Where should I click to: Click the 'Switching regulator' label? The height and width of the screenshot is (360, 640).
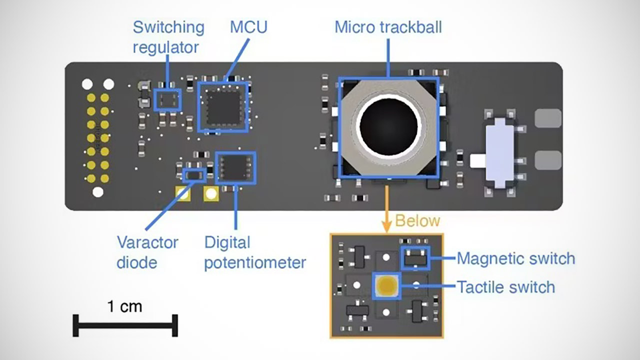pos(168,37)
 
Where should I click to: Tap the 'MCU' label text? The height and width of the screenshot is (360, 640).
pos(248,27)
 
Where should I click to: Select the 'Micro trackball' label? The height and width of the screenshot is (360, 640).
pos(388,27)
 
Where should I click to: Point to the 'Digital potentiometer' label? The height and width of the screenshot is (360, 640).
pos(254,252)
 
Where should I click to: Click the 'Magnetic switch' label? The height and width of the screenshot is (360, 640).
pos(515,258)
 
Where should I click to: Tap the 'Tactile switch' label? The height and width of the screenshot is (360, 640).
pos(505,287)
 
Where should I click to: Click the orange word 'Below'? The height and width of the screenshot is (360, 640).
pos(417,220)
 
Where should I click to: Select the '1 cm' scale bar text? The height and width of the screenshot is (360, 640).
pos(124,306)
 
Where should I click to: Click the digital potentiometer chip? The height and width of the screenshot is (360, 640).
pos(235,167)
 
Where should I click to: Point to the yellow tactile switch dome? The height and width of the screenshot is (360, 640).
pos(386,286)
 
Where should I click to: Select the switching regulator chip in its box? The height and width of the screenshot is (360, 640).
pos(167,99)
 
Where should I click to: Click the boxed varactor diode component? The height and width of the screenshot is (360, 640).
pos(194,175)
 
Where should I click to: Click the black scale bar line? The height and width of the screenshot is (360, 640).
pos(125,325)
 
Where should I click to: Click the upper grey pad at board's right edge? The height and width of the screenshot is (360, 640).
pos(548,118)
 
